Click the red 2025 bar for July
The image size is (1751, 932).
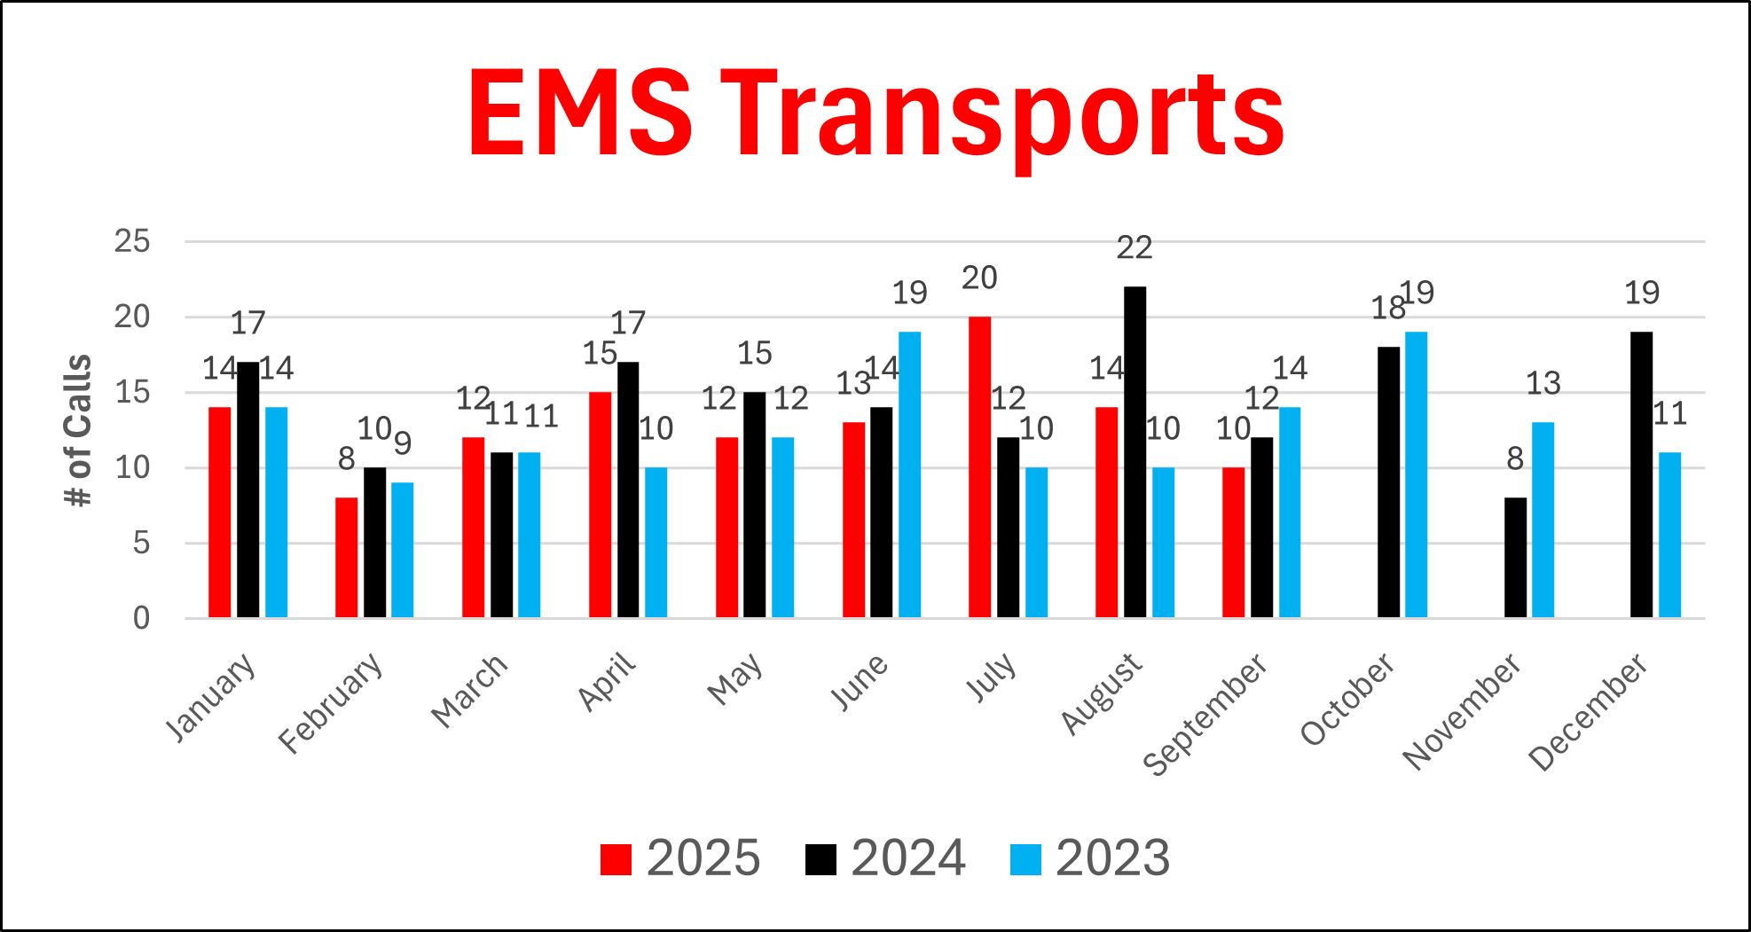(x=979, y=466)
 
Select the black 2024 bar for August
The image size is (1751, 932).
(x=1135, y=452)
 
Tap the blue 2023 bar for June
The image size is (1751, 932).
(x=909, y=474)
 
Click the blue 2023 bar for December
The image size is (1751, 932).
(x=1669, y=535)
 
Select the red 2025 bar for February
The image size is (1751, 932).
(x=346, y=557)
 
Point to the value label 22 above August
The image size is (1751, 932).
(x=1135, y=248)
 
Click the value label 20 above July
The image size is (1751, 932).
(x=979, y=278)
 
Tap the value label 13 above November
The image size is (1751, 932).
(x=1543, y=384)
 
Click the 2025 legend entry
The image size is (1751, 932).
(x=680, y=858)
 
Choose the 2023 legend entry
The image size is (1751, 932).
(x=1090, y=858)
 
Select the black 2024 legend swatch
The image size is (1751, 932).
(x=821, y=859)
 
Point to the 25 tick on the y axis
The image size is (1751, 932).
(x=132, y=241)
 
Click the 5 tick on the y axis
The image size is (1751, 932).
(x=141, y=543)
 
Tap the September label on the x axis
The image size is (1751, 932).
(x=1205, y=716)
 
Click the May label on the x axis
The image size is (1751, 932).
(x=735, y=679)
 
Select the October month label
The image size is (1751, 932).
(x=1347, y=700)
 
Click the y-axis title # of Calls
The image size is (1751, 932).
(x=79, y=430)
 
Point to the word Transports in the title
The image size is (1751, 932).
(x=1002, y=115)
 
